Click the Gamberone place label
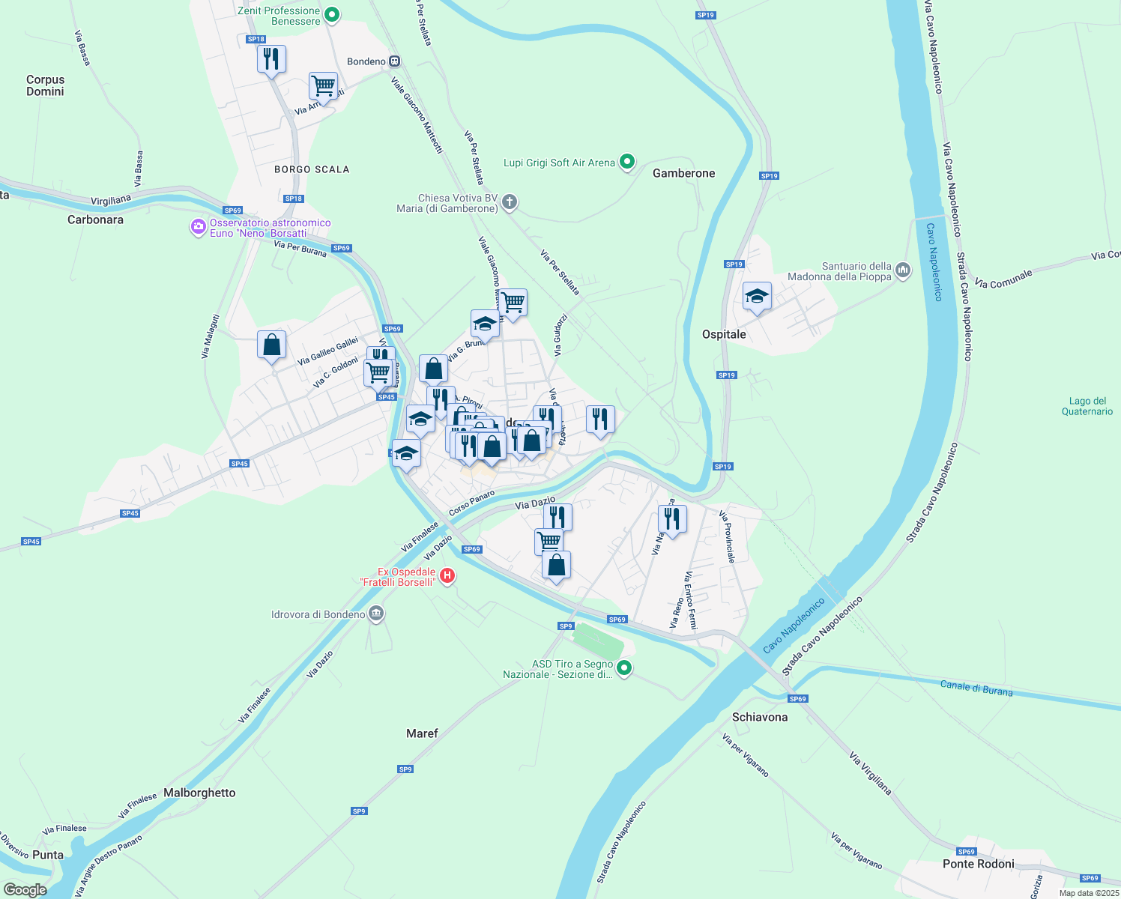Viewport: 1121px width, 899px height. pyautogui.click(x=683, y=173)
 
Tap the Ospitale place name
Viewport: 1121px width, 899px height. pyautogui.click(x=724, y=334)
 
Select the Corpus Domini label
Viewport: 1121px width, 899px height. pyautogui.click(x=45, y=85)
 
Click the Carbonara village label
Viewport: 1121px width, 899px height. pyautogui.click(x=95, y=220)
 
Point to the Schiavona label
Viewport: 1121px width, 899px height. pyautogui.click(x=760, y=717)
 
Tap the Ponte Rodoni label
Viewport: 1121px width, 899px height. pyautogui.click(x=979, y=864)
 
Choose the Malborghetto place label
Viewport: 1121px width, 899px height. pyautogui.click(x=199, y=793)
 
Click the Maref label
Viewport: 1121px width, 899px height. pyautogui.click(x=422, y=733)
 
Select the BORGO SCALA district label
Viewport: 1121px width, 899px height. pyautogui.click(x=312, y=169)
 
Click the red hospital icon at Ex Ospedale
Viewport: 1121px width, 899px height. pyautogui.click(x=447, y=575)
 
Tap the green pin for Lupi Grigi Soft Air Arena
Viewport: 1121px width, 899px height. pyautogui.click(x=628, y=162)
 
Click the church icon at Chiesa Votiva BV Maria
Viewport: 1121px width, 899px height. pyautogui.click(x=510, y=202)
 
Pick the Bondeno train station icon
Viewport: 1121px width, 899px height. pyautogui.click(x=395, y=61)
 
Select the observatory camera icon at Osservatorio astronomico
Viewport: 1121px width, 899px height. pyautogui.click(x=198, y=226)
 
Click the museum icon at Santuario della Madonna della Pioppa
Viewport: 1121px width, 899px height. pyautogui.click(x=903, y=270)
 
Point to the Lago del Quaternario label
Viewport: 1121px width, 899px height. pyautogui.click(x=1087, y=406)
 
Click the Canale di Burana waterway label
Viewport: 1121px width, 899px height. pyautogui.click(x=976, y=688)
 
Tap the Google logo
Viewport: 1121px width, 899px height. pyautogui.click(x=25, y=890)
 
